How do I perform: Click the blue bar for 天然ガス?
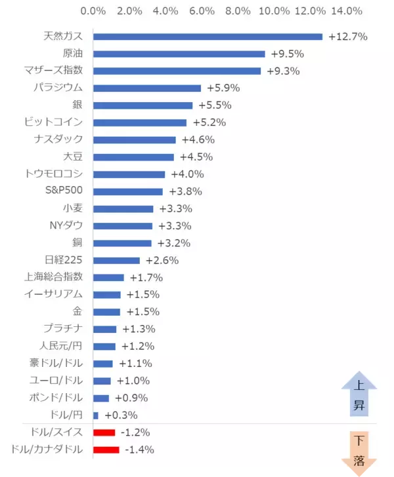(208, 37)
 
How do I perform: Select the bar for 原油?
(179, 54)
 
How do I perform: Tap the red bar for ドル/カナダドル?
(106, 449)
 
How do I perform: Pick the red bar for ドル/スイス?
(104, 432)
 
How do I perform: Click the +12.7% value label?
(347, 37)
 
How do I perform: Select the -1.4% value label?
(139, 449)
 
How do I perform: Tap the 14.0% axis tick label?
(347, 10)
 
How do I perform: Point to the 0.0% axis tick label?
(93, 10)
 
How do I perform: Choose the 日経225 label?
(64, 260)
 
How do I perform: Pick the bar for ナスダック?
(135, 140)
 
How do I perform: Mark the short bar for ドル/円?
(96, 415)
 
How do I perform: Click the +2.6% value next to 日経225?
(162, 260)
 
